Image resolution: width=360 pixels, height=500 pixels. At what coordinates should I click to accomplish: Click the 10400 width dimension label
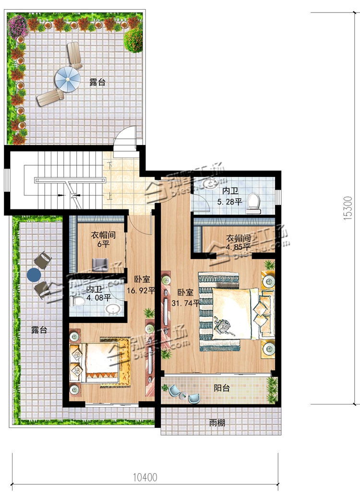[x=145, y=477]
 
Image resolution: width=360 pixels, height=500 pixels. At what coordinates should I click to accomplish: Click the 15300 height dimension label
[x=348, y=208]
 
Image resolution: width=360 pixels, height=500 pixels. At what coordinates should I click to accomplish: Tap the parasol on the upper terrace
[x=68, y=80]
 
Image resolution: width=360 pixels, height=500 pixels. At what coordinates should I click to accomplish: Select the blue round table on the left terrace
[x=34, y=275]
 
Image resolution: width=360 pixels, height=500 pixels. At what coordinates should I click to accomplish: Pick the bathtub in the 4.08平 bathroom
[x=113, y=310]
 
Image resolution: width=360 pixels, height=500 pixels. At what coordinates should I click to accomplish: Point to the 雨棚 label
[x=217, y=423]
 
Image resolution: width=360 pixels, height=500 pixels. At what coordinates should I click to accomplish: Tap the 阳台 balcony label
[x=221, y=388]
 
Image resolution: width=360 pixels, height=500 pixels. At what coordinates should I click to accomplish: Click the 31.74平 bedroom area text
[x=185, y=303]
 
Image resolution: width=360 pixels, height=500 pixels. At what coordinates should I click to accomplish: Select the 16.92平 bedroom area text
[x=141, y=290]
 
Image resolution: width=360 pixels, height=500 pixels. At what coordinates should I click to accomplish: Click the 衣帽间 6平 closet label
[x=103, y=240]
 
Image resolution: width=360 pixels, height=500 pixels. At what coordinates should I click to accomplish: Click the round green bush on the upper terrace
[x=133, y=40]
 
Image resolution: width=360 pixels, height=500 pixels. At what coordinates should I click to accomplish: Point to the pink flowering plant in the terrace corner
[x=18, y=25]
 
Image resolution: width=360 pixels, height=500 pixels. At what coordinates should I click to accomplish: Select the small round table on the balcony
[x=183, y=396]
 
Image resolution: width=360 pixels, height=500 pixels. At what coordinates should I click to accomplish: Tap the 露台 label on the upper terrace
[x=97, y=82]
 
